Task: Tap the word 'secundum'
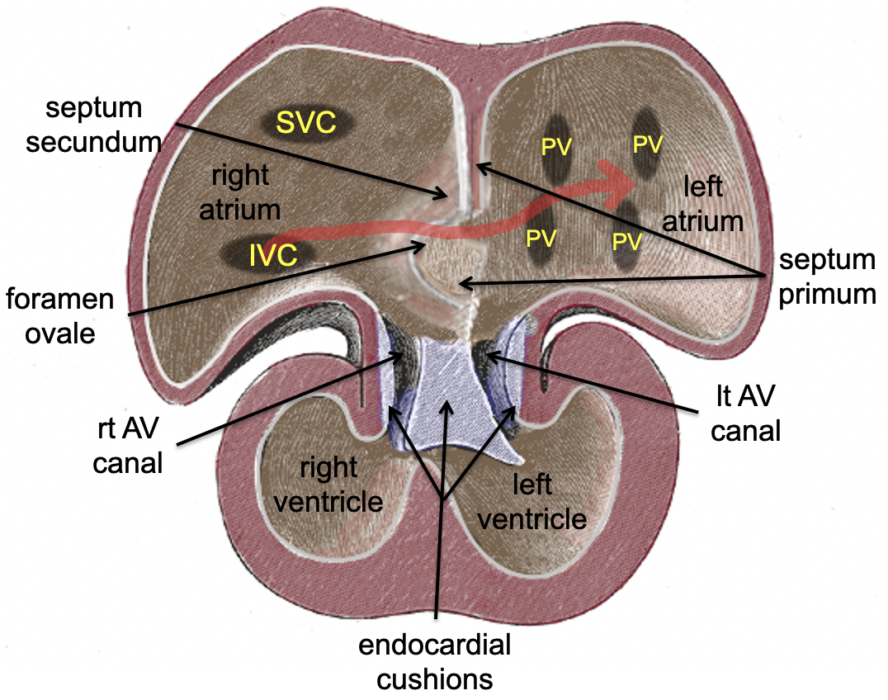coord(92,141)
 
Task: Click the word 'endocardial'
coord(435,645)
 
